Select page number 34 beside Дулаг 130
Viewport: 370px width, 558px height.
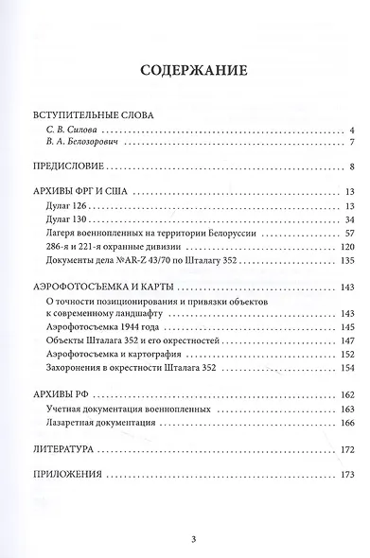(x=348, y=219)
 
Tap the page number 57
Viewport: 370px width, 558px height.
(x=348, y=233)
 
